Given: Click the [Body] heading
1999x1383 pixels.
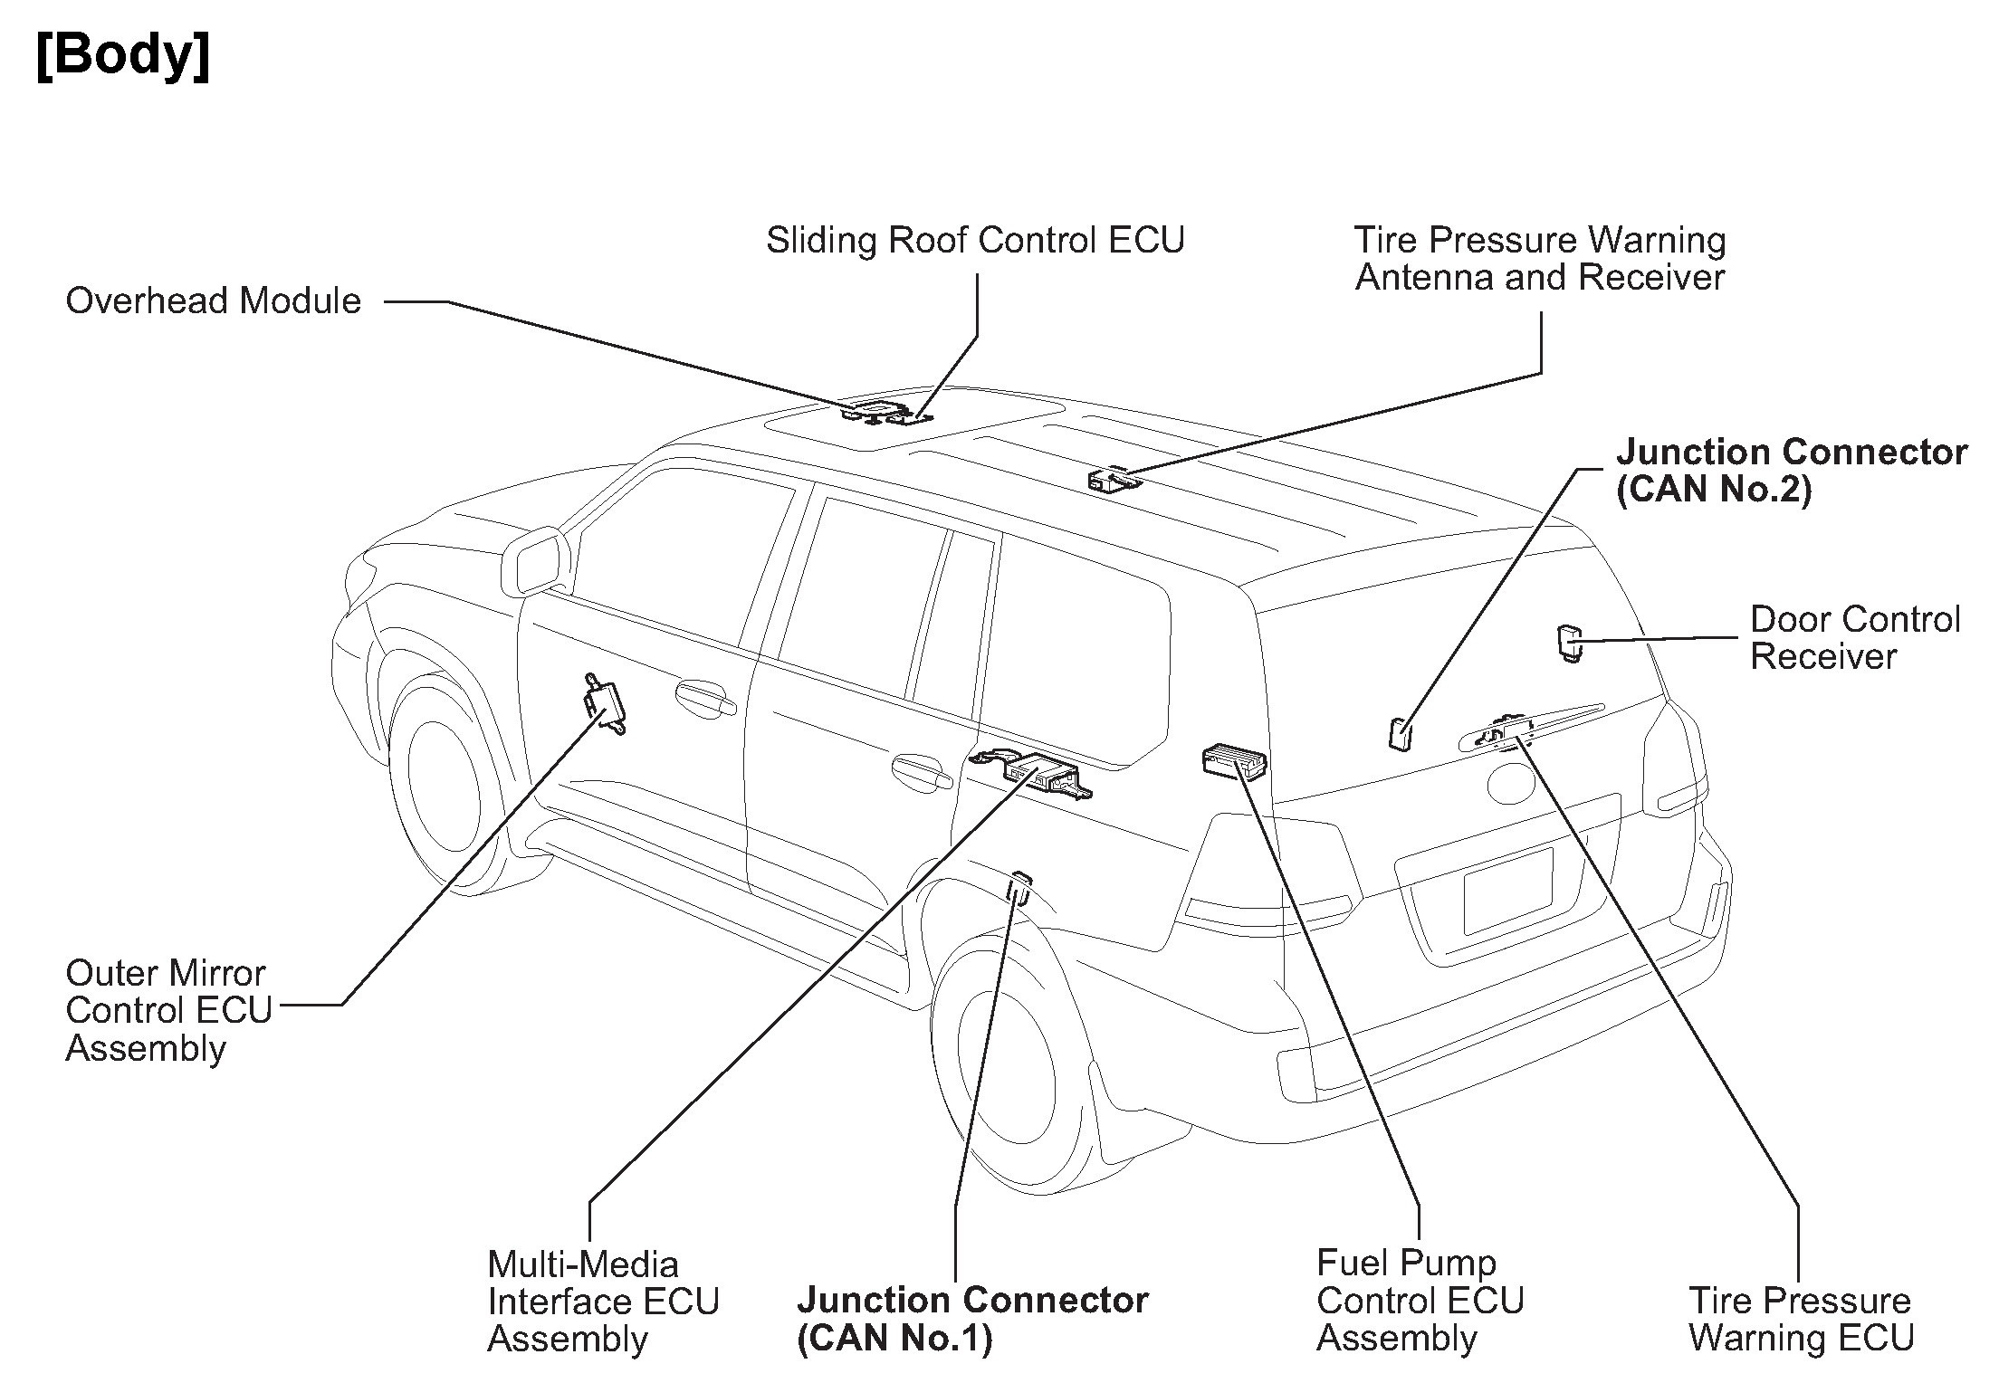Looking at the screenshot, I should coord(123,56).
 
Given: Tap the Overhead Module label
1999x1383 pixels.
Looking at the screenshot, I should coord(213,301).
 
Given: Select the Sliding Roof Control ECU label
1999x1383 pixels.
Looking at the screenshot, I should coord(975,241).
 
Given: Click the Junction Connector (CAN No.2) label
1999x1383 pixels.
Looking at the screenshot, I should coord(1791,471).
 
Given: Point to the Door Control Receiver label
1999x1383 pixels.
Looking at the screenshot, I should coord(1854,638).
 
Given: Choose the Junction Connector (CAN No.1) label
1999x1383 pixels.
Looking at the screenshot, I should coord(971,1319).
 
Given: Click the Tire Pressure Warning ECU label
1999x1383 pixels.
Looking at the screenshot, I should coord(1801,1319).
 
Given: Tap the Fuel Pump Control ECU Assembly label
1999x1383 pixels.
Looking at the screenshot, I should coord(1420,1300).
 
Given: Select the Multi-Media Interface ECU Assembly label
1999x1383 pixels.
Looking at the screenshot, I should coord(603,1301).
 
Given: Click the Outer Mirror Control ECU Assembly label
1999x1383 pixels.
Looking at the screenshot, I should coord(168,1010).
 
